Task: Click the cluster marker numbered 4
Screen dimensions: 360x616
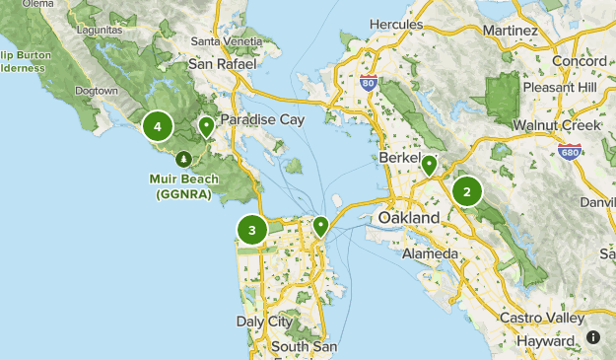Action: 157,126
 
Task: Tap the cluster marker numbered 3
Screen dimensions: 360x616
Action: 252,231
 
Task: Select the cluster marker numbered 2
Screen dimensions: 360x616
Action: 467,191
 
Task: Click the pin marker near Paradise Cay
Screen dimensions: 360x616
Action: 206,126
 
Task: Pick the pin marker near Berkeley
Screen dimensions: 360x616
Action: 429,166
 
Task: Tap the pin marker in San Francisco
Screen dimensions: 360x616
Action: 320,227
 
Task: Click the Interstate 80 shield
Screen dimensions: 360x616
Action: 369,84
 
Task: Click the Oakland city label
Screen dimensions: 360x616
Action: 408,217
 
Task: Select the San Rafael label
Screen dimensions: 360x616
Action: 222,64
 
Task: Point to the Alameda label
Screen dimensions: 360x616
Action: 430,254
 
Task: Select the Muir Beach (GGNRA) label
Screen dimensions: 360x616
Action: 183,187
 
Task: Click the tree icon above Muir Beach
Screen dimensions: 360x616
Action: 183,158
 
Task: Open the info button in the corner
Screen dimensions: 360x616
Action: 593,337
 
